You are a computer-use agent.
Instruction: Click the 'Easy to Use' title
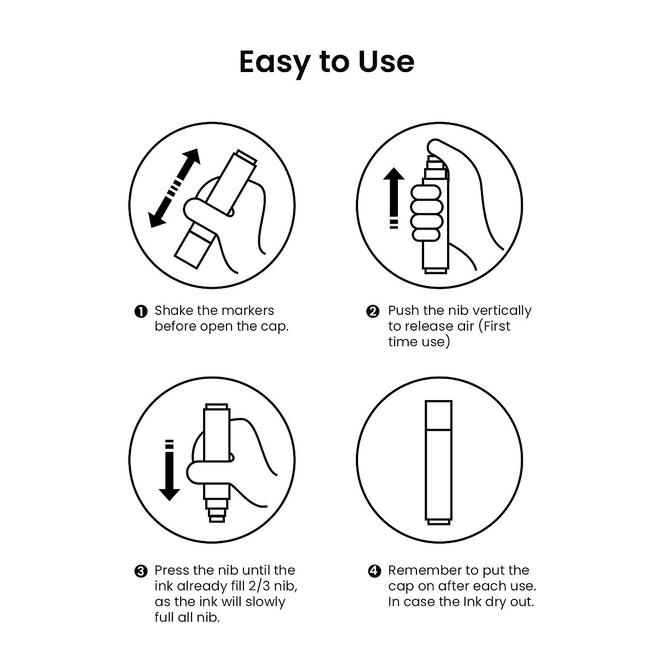tap(326, 62)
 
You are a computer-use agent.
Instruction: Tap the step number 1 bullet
tap(141, 312)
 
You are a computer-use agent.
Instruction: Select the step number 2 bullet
tap(373, 312)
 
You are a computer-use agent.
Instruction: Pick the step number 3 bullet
tap(141, 571)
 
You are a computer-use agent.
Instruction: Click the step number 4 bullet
tap(374, 571)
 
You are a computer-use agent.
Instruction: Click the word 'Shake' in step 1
tap(174, 311)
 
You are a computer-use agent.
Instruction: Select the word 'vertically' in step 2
tap(502, 311)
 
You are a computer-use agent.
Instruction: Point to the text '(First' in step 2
tap(494, 326)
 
